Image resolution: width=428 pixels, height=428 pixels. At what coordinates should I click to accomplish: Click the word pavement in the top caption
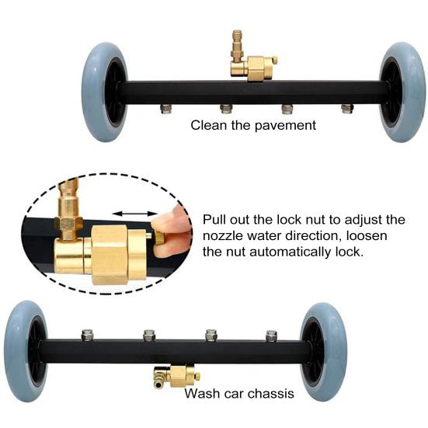point(287,125)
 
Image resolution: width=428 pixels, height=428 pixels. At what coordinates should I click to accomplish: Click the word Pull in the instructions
point(214,220)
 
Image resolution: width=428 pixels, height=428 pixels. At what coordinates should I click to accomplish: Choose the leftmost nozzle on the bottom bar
point(86,335)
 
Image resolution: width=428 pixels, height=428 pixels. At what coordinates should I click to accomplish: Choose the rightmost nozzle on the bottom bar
point(270,335)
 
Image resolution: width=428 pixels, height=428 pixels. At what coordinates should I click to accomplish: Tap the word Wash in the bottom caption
point(200,394)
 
